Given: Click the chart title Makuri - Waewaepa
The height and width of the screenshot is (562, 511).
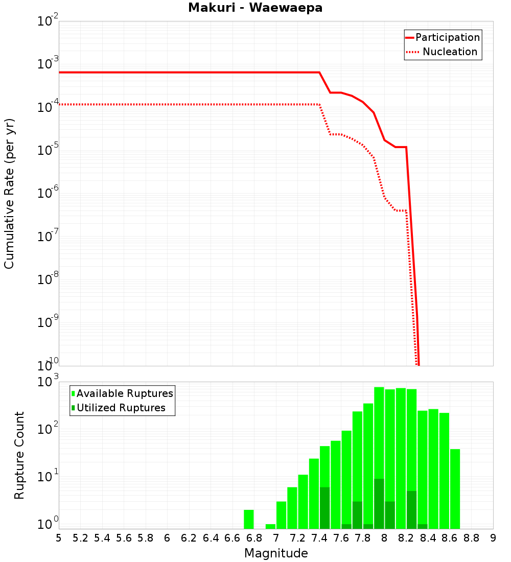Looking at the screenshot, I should pyautogui.click(x=255, y=8).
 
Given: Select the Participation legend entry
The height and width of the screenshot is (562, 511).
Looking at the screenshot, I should pyautogui.click(x=447, y=38).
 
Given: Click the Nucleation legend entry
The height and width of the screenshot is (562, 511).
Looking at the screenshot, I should pyautogui.click(x=449, y=52).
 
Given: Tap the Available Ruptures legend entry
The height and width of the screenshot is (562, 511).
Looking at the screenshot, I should pyautogui.click(x=124, y=394).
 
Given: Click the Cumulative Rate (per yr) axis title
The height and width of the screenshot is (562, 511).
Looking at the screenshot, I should pyautogui.click(x=9, y=193).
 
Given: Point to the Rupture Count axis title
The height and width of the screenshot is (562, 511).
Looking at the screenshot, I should pyautogui.click(x=19, y=455).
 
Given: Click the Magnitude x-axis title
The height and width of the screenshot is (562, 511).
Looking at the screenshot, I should pyautogui.click(x=276, y=553).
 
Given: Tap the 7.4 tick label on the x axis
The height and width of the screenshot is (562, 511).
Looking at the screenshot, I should pyautogui.click(x=319, y=538).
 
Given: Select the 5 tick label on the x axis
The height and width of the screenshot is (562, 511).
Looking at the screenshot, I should pyautogui.click(x=59, y=538).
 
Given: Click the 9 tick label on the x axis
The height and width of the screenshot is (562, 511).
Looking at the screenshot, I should pyautogui.click(x=493, y=538).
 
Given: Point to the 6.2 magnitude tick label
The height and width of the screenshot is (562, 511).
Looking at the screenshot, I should pyautogui.click(x=189, y=538).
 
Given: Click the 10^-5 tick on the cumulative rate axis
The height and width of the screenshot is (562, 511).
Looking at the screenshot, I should pyautogui.click(x=48, y=150).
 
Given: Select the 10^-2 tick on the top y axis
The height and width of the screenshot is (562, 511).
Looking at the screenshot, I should pyautogui.click(x=48, y=21).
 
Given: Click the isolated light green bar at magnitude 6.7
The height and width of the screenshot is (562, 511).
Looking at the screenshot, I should pyautogui.click(x=249, y=519).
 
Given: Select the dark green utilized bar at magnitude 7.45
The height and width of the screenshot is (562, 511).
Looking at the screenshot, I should pyautogui.click(x=325, y=508).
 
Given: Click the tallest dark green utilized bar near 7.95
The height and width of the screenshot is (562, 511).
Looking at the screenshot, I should pyautogui.click(x=379, y=504).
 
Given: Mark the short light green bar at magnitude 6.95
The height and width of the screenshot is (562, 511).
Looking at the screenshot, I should pyautogui.click(x=270, y=526).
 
